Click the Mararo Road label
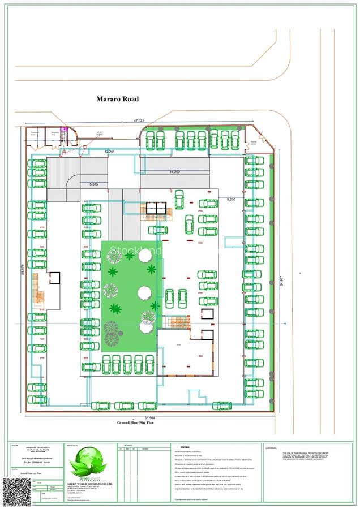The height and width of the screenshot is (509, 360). pyautogui.click(x=118, y=99)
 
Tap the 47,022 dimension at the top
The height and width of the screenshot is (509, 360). pyautogui.click(x=139, y=120)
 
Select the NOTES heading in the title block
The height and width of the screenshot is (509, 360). pyautogui.click(x=177, y=446)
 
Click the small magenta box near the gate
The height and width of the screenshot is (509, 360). pyautogui.click(x=64, y=130)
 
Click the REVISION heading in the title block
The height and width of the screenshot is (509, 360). pyautogui.click(x=125, y=446)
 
